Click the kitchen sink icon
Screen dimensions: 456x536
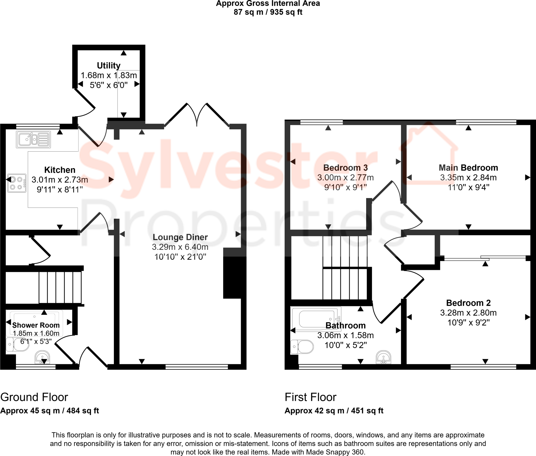point(33,139)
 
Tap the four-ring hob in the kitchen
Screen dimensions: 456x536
point(16,183)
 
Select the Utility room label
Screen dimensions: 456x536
point(109,65)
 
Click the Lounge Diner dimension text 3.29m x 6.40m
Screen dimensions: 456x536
point(180,247)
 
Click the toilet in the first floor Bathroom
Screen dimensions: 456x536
point(302,347)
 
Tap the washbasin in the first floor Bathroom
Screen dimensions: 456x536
point(383,357)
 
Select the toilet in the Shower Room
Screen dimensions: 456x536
point(18,344)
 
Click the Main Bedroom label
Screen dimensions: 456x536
point(468,168)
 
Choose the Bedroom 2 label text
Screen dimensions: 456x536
point(468,303)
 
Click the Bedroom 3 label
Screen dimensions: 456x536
point(345,168)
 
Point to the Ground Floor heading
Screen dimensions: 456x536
point(34,397)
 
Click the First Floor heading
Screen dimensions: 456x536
point(310,397)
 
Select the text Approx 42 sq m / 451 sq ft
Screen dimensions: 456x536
point(334,411)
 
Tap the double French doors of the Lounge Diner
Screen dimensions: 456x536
point(197,115)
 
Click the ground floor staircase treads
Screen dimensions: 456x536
point(60,287)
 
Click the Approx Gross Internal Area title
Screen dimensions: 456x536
point(268,4)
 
